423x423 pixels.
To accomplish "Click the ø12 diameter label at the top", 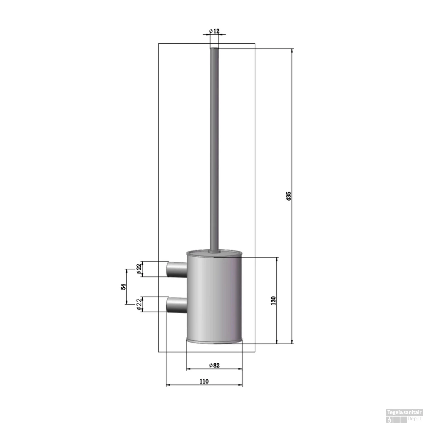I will [214, 31].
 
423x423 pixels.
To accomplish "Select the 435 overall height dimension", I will [288, 196].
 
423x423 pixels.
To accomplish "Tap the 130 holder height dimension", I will [273, 300].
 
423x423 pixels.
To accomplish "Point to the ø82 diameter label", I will [214, 365].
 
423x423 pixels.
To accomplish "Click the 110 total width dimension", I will [204, 381].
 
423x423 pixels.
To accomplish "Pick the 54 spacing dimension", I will [123, 287].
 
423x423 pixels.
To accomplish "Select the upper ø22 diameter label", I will [139, 269].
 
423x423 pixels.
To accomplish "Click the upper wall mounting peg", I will [177, 269].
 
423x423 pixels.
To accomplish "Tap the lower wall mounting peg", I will [177, 304].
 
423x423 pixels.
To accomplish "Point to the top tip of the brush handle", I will [214, 49].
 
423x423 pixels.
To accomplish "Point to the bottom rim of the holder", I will [214, 341].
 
